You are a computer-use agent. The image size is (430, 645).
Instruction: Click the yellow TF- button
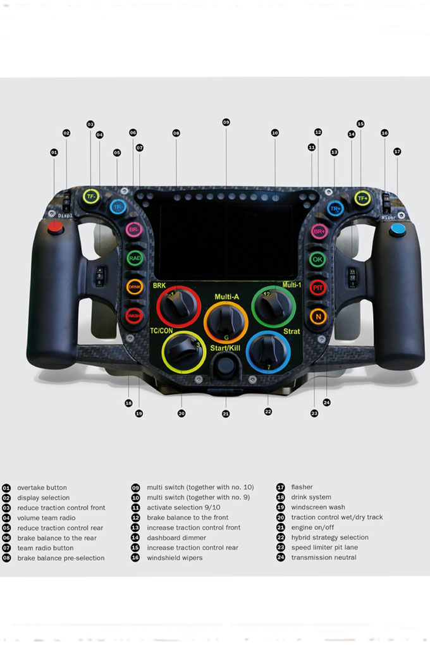(90, 197)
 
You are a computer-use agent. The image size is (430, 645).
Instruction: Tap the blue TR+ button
(335, 208)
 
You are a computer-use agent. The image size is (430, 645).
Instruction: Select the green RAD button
(135, 258)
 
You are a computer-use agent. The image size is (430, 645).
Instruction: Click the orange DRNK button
(135, 287)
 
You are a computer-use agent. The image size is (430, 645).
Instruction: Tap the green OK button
(317, 259)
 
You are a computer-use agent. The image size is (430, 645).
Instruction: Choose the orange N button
(317, 316)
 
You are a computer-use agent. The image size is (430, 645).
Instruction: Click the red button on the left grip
(56, 228)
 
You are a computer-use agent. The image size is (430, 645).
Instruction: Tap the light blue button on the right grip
(398, 229)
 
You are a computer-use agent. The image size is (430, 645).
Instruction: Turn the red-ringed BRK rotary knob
(174, 307)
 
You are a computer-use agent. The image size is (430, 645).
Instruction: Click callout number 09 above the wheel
(226, 121)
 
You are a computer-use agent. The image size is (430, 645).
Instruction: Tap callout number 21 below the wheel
(226, 414)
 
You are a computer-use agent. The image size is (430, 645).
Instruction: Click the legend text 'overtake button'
(42, 488)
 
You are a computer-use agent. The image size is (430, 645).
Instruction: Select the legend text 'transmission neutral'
(323, 557)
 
